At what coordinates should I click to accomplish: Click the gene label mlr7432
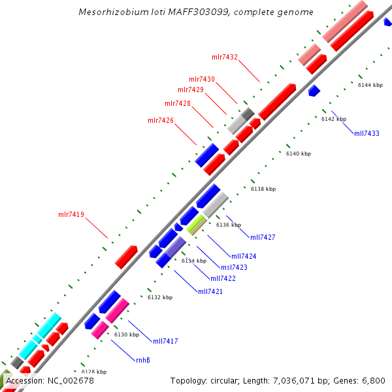pos(225,57)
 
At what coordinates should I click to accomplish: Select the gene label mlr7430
pos(202,79)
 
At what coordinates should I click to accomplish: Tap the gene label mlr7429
pos(191,90)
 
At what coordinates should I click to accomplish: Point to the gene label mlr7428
pos(178,103)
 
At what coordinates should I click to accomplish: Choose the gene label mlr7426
pos(161,120)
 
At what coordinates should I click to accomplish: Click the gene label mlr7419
pos(71,214)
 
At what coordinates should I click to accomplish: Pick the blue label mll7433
pos(367,133)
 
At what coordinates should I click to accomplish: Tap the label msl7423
pos(234,267)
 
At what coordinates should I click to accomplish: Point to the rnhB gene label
pos(143,360)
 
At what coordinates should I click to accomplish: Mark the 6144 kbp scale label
pos(370,85)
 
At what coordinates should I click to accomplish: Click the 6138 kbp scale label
pos(263,189)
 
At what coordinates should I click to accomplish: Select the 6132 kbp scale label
pos(160,297)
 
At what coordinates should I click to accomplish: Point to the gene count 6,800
pos(372,380)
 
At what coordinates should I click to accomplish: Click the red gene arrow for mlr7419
pos(126,257)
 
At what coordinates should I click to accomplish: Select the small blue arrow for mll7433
pos(314,90)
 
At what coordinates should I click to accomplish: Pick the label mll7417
pos(166,341)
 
